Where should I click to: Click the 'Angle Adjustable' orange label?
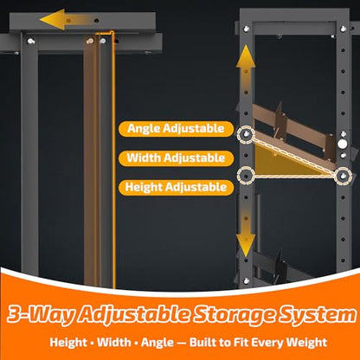point(176,129)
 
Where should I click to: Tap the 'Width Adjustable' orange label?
point(176,158)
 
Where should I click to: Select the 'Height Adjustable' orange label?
point(176,188)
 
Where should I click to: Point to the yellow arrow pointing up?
point(246,67)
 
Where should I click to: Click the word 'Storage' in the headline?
point(234,314)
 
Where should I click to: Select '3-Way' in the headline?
point(42,314)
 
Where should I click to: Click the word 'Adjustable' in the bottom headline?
point(134,315)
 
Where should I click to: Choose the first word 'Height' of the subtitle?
point(68,343)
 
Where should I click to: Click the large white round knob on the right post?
point(343,144)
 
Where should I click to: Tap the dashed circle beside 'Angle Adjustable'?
point(246,134)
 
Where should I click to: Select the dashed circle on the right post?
point(344,176)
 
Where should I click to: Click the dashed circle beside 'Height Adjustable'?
point(246,175)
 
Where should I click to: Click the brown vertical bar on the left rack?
point(90,162)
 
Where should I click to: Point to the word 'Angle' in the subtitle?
point(157,344)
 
